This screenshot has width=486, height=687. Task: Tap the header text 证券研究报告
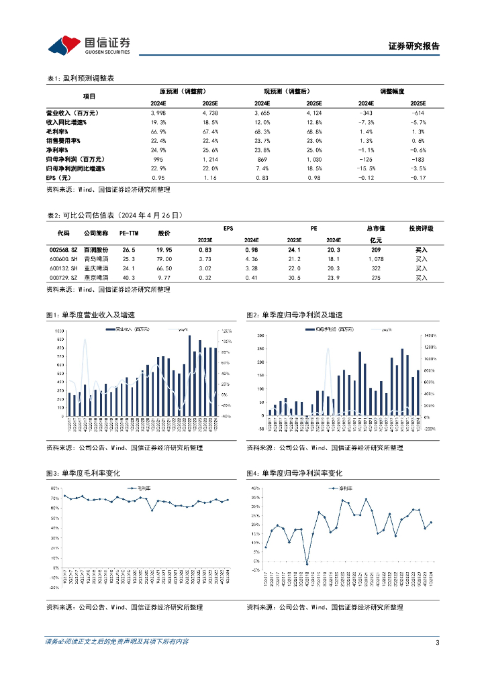(x=414, y=47)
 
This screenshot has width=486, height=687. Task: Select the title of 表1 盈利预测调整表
(x=80, y=78)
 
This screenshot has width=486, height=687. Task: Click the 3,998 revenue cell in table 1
(x=158, y=113)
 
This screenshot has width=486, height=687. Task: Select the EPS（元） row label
(x=61, y=177)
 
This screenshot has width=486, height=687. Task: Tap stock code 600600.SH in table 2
(x=63, y=258)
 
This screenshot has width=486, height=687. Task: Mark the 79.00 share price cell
(x=164, y=258)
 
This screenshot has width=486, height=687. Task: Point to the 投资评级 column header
(x=421, y=228)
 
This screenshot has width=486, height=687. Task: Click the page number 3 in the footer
(x=437, y=642)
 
